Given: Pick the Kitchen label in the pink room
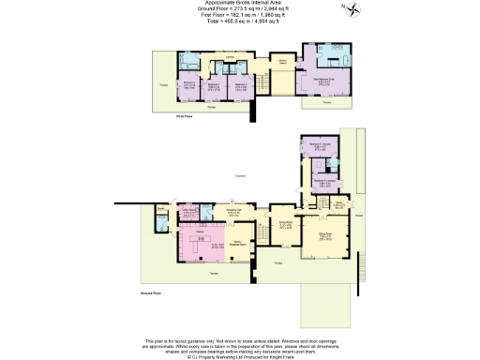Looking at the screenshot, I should [201, 230].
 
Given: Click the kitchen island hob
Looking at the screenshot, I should [201, 239].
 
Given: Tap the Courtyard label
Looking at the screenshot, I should [240, 175].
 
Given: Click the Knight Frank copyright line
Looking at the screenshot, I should [240, 357].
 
